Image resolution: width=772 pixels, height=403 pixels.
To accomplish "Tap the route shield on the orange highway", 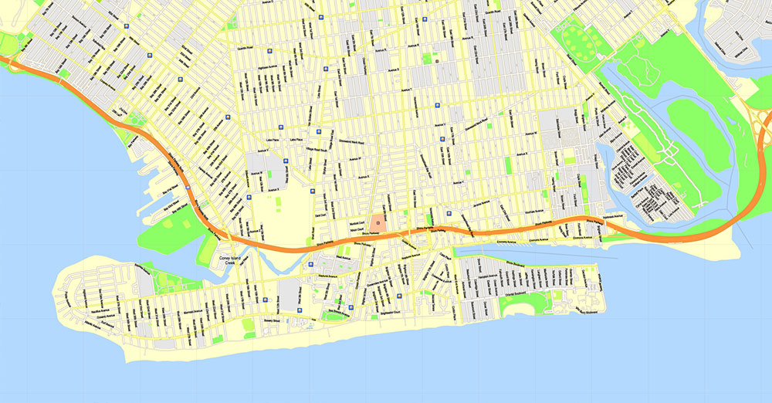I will (188, 188).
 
